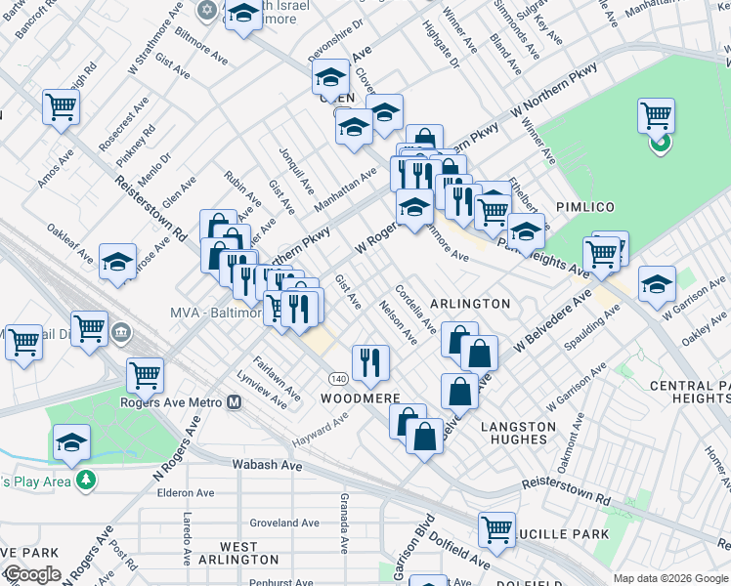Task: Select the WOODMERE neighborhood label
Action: point(362,398)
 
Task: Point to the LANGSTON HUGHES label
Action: point(518,433)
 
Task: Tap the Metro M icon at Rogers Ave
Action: point(234,401)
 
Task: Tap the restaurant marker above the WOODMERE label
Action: point(370,362)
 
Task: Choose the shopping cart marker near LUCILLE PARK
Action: point(496,529)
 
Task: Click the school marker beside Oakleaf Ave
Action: point(117,262)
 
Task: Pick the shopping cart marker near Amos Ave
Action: point(61,106)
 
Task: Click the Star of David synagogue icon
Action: point(206,10)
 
